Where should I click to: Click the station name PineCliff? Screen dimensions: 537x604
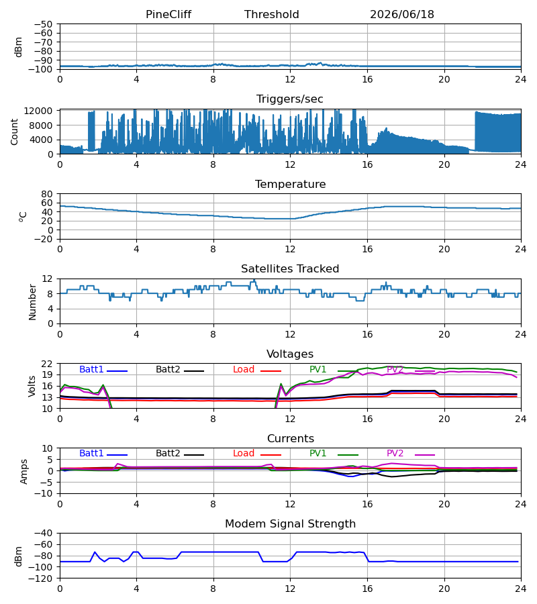coord(168,14)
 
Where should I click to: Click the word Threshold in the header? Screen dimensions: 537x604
coord(272,14)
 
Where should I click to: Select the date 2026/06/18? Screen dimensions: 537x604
coord(402,14)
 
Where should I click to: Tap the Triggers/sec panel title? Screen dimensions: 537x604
coord(290,99)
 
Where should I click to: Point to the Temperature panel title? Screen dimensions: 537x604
coord(290,184)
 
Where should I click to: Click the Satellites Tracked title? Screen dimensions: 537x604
coord(290,269)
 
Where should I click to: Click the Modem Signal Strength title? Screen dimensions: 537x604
coord(290,524)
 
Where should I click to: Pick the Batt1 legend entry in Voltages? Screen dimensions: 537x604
coord(103,369)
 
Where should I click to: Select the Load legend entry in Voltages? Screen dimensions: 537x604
coord(257,369)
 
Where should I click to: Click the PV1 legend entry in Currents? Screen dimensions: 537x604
coord(334,454)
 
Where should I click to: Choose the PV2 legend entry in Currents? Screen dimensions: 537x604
coord(411,454)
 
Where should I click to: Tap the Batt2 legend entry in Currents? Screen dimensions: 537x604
coord(180,454)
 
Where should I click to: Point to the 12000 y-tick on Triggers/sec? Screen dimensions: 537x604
coord(38,111)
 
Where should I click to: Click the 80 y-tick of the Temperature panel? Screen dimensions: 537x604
coord(47,194)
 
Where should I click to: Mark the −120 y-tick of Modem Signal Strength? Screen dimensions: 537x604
coord(43,578)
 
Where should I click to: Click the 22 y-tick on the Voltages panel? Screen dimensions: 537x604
coord(47,364)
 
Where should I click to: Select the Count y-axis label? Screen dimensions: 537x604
coord(14,132)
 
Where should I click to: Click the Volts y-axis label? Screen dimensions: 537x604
coord(32,387)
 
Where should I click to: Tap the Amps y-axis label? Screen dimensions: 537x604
coord(24,472)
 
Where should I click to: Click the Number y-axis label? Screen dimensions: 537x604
coord(32,302)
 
